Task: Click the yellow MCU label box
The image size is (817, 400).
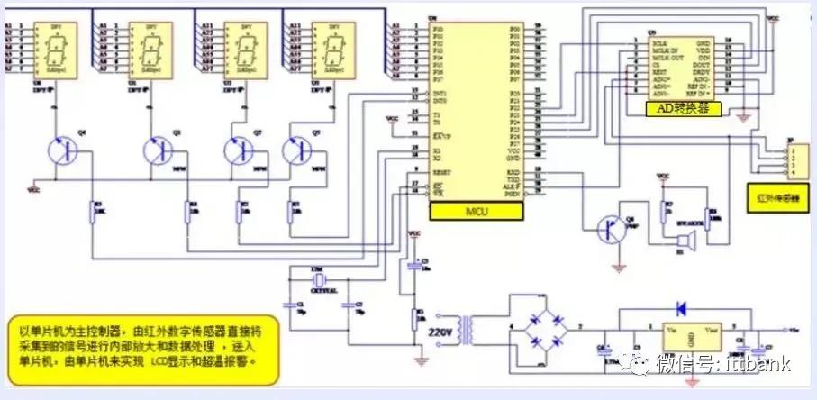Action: tap(477, 211)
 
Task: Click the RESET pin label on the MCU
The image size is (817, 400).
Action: tap(441, 172)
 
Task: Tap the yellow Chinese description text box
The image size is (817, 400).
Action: tap(137, 341)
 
